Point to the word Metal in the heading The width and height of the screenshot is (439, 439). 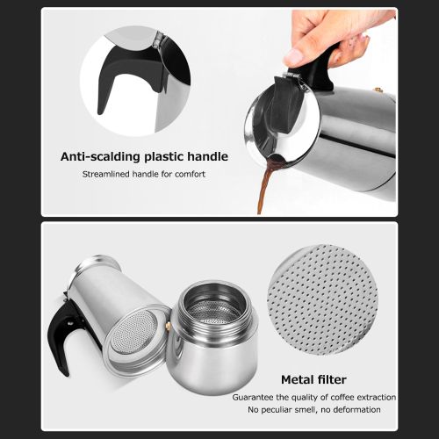[x=299, y=380]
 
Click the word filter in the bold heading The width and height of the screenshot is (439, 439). [x=333, y=380]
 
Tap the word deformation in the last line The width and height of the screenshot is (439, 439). [x=354, y=409]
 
